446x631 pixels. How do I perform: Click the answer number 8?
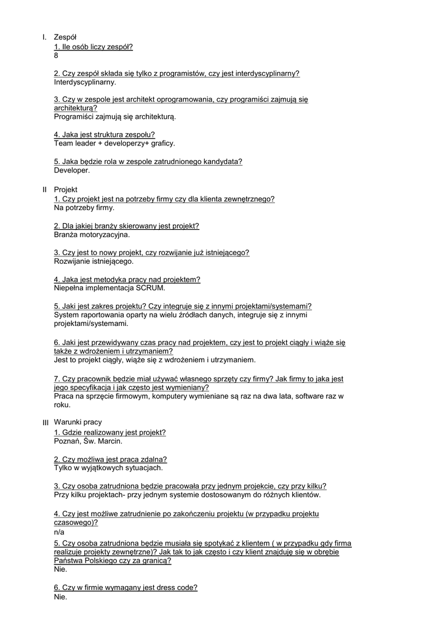tap(57, 55)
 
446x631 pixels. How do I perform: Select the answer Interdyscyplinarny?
tap(85, 82)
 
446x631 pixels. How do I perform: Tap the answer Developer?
tap(72, 170)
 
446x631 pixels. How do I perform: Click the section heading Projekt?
tap(66, 190)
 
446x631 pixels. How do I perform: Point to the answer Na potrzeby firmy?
tap(84, 208)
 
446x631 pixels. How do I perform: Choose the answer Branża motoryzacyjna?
tap(92, 234)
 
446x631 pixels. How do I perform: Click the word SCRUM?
tap(151, 288)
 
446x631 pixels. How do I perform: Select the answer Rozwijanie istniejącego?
tap(94, 261)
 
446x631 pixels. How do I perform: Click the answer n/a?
tap(59, 532)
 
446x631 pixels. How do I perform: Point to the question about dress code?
tap(125, 588)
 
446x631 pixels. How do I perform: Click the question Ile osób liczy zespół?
tap(94, 47)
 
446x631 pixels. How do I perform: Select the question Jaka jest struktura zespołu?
tap(105, 134)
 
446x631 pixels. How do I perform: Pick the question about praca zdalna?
tap(111, 459)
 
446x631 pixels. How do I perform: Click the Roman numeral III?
tap(45, 423)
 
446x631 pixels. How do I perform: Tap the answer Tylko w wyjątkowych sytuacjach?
tap(108, 468)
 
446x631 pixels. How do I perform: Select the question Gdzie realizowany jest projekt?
tap(110, 433)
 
